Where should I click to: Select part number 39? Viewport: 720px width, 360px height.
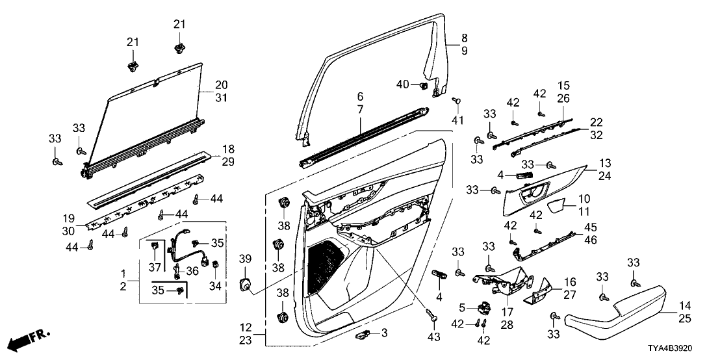(x=246, y=260)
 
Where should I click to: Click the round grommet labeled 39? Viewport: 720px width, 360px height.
(x=246, y=284)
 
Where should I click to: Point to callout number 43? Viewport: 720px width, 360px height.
(x=434, y=335)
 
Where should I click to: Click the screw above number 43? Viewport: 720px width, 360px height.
(x=433, y=316)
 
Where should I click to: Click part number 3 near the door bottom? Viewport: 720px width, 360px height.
(x=384, y=333)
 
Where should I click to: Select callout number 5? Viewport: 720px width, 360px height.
(x=463, y=307)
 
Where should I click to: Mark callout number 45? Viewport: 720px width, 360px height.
(x=590, y=227)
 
